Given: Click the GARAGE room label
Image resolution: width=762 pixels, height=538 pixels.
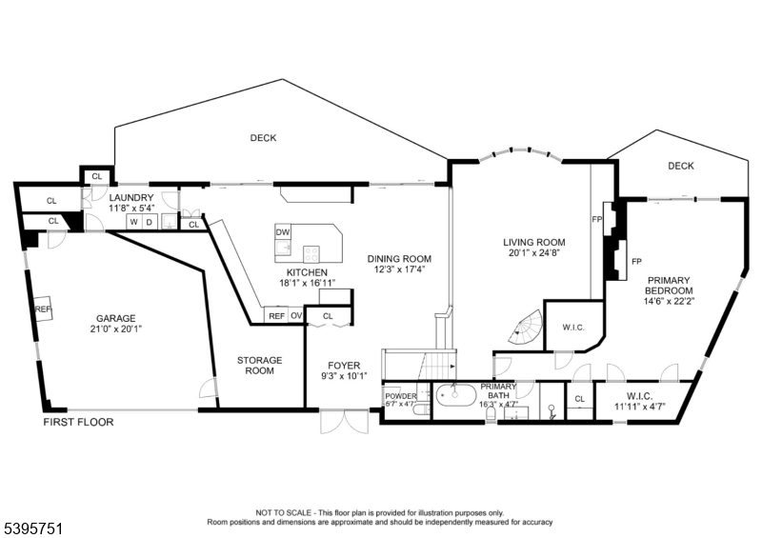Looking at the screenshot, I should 114,319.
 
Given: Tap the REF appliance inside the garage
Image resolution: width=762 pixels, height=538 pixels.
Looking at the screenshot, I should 44,309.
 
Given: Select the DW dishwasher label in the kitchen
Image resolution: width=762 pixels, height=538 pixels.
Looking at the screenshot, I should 283,232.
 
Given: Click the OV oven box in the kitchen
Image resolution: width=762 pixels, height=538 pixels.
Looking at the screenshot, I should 296,316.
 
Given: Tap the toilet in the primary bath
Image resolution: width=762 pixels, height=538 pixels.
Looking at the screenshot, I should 551,410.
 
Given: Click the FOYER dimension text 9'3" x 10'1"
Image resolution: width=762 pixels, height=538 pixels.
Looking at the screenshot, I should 343,375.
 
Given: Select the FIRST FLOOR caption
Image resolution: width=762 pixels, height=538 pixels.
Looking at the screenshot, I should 78,421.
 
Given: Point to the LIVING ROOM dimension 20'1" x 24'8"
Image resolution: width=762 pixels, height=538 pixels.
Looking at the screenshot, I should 534,253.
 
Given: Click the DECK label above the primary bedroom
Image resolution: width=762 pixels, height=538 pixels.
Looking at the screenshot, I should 680,166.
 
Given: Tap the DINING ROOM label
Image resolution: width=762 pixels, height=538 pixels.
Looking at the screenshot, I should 399,259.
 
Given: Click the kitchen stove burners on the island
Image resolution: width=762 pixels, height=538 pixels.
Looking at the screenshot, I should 311,252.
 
